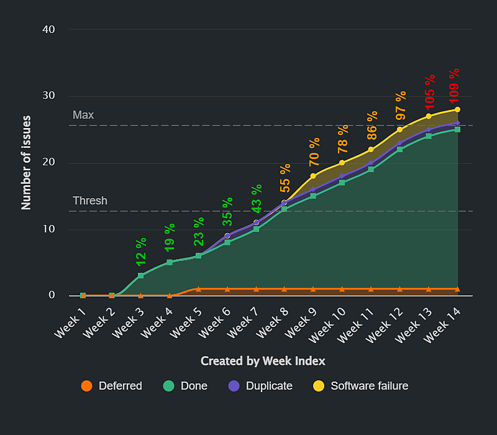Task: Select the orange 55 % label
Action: (285, 178)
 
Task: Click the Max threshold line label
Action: (83, 116)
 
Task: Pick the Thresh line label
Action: (89, 201)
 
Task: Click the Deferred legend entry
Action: (112, 386)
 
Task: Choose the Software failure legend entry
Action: (360, 386)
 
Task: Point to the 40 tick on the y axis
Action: (49, 30)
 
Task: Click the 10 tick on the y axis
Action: (49, 229)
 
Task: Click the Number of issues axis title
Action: (27, 162)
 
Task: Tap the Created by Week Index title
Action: (263, 361)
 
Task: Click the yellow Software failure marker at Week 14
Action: (458, 109)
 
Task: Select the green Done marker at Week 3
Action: (141, 275)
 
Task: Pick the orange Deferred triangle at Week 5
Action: (198, 289)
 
